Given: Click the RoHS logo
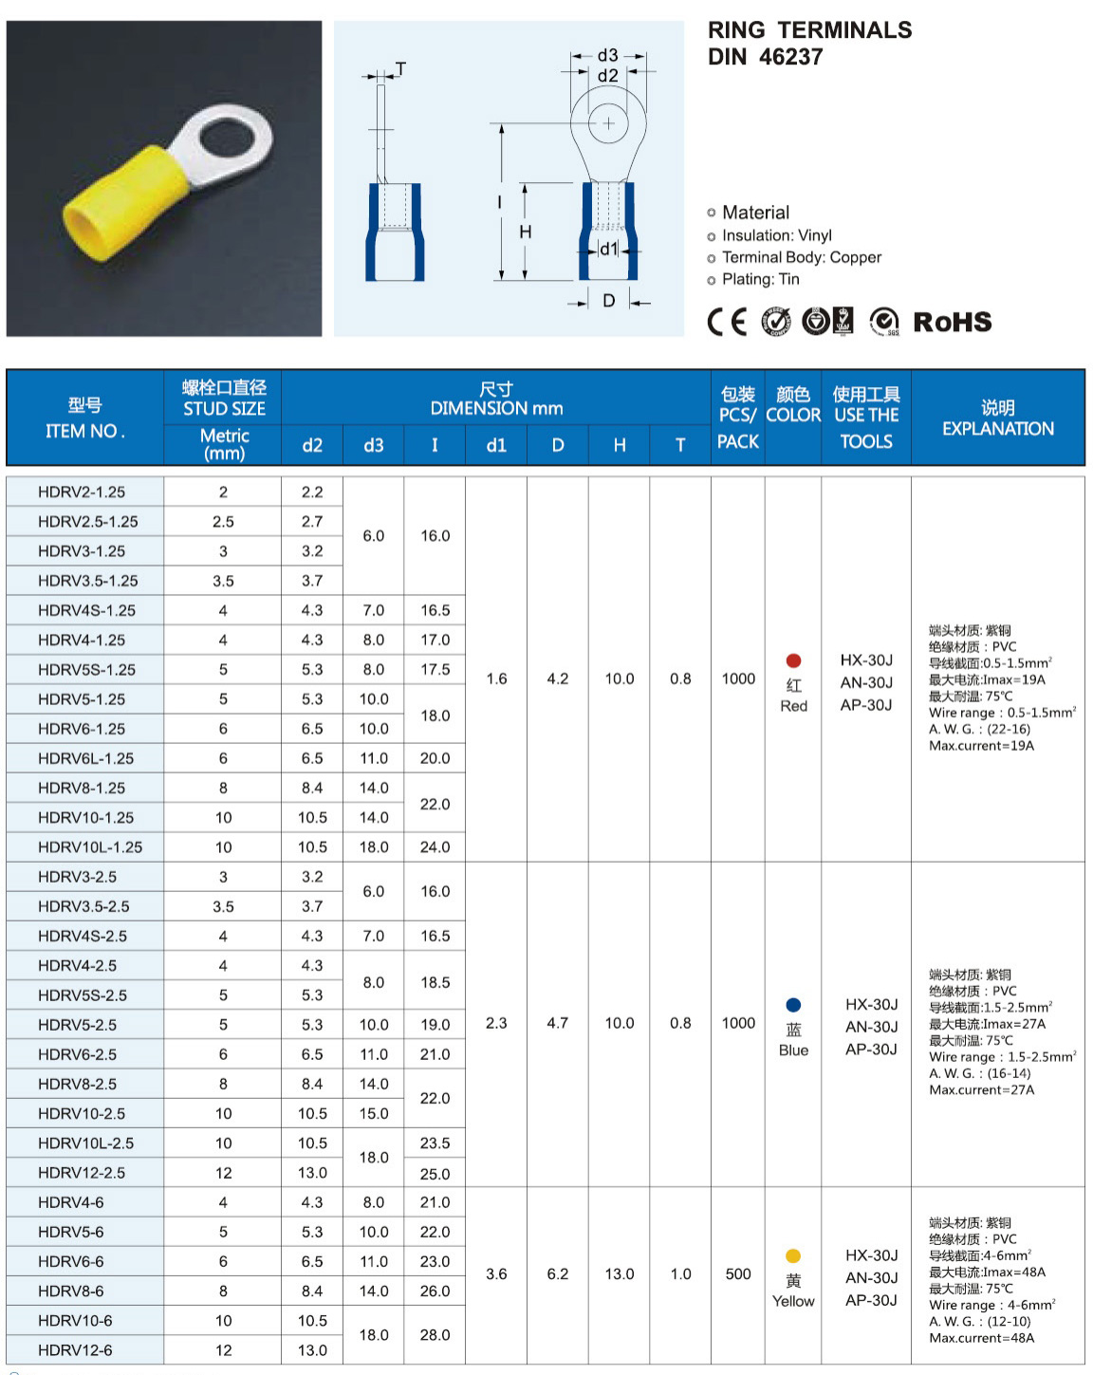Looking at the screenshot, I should point(952,322).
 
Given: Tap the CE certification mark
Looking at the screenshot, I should point(727,322).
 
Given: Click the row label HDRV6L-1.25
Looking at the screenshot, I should point(85,758).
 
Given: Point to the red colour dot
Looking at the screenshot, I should point(793,660).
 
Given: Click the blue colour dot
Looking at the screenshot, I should point(793,1005).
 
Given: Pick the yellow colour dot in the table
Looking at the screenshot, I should point(793,1255).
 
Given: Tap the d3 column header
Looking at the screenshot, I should point(374,445).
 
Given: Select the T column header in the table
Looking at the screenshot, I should point(680,445).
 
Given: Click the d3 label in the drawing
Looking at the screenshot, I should point(607,55).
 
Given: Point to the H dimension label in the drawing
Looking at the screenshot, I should point(525,232).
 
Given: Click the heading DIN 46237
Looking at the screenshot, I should point(765,57).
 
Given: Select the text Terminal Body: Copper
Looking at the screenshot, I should point(801,257).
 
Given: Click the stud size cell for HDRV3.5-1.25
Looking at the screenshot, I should point(223,581).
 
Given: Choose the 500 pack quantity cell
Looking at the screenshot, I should point(738,1273).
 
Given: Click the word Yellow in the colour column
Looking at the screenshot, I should point(793,1301).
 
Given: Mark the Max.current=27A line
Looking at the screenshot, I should point(981,1089).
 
